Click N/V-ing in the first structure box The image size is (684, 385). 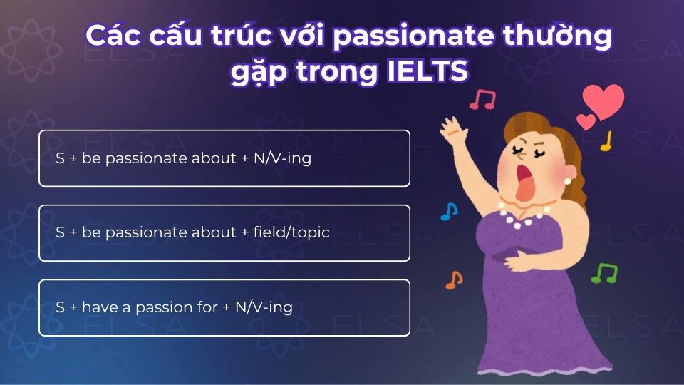pyautogui.click(x=282, y=158)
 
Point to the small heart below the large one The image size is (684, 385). pyautogui.click(x=585, y=122)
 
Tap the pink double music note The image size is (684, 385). pyautogui.click(x=482, y=99)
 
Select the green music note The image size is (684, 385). pyautogui.click(x=604, y=272)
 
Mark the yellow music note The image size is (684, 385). pyautogui.click(x=606, y=141)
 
